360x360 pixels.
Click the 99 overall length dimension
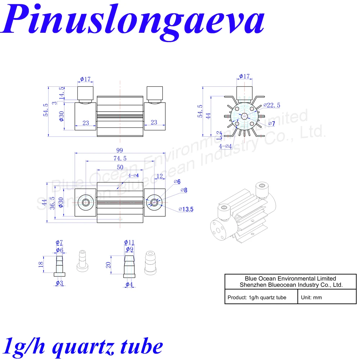click(x=120, y=150)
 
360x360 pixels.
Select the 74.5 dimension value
click(x=120, y=159)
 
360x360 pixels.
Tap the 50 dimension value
click(x=120, y=167)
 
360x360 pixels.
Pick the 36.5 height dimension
click(x=52, y=203)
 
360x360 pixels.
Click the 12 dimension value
click(x=160, y=176)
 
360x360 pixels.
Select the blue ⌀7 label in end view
click(x=271, y=124)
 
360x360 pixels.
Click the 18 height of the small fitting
click(x=41, y=264)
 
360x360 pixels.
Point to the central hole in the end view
click(x=244, y=116)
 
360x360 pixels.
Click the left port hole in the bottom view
click(x=86, y=202)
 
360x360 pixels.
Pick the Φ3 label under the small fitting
click(x=59, y=283)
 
